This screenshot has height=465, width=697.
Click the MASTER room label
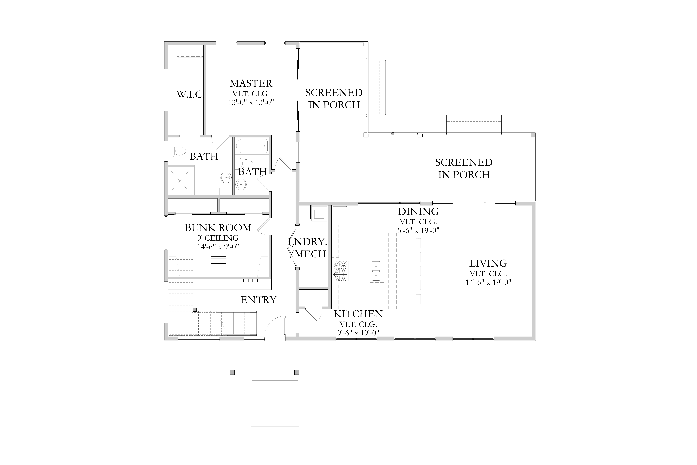tap(251, 83)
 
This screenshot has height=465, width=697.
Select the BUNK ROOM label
tap(218, 228)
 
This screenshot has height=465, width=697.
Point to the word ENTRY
tap(258, 300)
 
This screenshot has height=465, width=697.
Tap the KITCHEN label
tap(358, 314)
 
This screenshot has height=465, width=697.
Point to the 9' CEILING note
tap(218, 238)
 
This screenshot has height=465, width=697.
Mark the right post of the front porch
tap(297, 372)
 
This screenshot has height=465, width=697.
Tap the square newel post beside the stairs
tap(195, 310)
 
